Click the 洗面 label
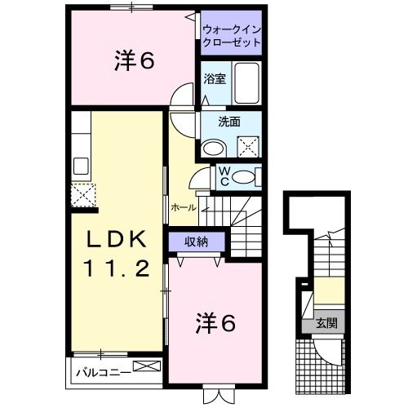[x=229, y=123]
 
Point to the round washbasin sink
[x=215, y=148]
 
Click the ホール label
[x=184, y=207]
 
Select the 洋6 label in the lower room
[x=215, y=324]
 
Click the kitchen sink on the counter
[x=82, y=166]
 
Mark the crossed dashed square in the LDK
[x=82, y=195]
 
